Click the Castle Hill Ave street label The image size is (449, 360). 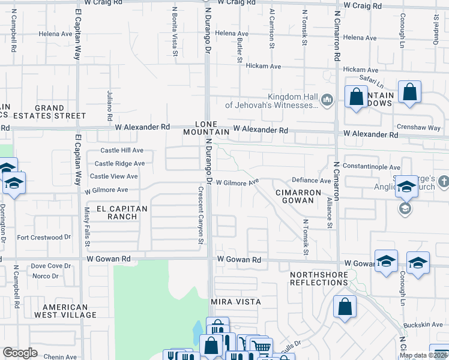pos(122,150)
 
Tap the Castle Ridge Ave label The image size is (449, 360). pos(119,163)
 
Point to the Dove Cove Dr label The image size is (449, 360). pos(51,265)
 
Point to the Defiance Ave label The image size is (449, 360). pos(311,181)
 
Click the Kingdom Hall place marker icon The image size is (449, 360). pos(327,100)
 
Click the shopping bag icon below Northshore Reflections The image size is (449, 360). pos(345,307)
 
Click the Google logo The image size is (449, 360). pos(20,353)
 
